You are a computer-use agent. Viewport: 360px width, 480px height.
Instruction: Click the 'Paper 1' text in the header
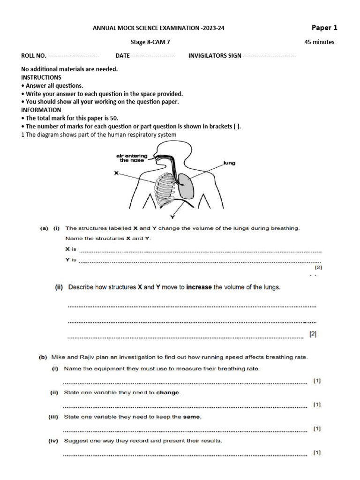click(324, 27)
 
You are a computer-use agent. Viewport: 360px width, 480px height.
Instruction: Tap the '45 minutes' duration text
click(319, 42)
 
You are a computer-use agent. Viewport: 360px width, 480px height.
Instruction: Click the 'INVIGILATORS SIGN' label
click(215, 56)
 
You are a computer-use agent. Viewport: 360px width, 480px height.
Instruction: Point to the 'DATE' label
click(122, 56)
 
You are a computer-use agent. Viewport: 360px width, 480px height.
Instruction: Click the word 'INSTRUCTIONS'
click(41, 77)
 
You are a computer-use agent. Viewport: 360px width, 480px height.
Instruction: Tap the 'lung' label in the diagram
click(230, 163)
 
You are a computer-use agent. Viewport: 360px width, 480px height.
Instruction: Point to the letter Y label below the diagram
click(172, 217)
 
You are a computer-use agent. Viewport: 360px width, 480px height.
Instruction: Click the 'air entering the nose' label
click(132, 157)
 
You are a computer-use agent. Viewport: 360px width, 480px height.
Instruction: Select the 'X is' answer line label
click(71, 249)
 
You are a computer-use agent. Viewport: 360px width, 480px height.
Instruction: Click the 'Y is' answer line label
click(71, 259)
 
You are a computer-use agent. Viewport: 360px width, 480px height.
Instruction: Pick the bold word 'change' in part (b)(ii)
click(168, 393)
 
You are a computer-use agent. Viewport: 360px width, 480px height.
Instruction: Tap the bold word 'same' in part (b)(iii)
click(192, 417)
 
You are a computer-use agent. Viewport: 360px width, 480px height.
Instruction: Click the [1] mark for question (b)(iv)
click(317, 452)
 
